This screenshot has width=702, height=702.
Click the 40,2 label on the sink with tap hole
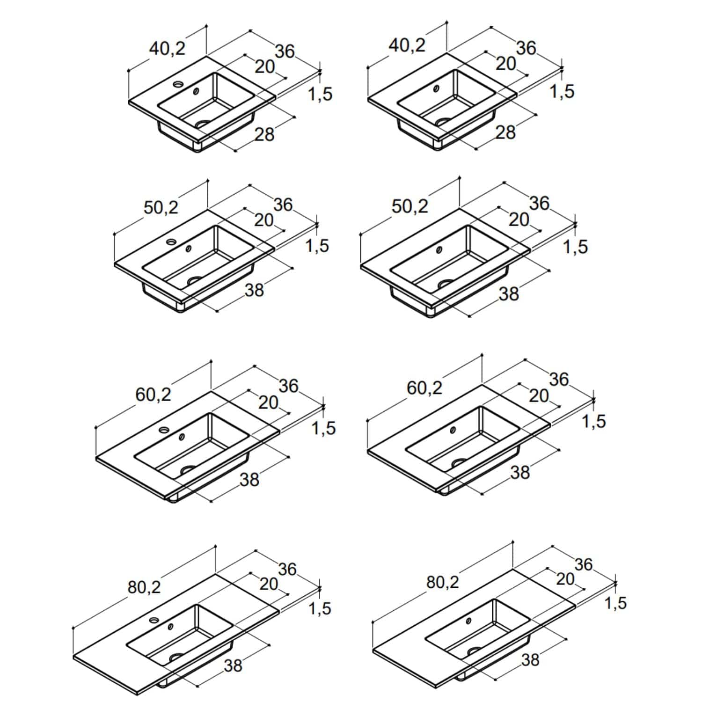click(x=168, y=48)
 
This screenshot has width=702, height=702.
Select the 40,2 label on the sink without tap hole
click(x=407, y=45)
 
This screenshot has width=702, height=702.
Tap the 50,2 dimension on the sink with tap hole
click(x=161, y=207)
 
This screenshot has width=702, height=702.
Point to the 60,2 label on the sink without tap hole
click(x=424, y=388)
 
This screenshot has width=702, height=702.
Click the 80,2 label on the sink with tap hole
click(x=144, y=587)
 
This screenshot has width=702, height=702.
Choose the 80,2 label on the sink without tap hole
click(x=443, y=582)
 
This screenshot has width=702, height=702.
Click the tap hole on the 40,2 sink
click(x=178, y=85)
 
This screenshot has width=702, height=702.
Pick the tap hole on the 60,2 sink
click(x=164, y=429)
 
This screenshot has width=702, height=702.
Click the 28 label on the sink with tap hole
click(x=264, y=135)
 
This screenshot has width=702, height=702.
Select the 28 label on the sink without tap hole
click(x=505, y=132)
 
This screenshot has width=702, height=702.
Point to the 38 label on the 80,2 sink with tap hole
click(x=233, y=665)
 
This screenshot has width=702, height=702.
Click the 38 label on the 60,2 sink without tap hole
click(x=520, y=473)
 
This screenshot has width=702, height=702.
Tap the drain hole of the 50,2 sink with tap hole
click(x=195, y=280)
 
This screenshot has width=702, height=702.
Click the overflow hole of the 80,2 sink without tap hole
click(x=468, y=621)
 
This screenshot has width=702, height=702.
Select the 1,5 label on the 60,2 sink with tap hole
click(x=324, y=428)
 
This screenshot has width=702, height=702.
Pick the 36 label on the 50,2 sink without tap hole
click(x=539, y=204)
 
